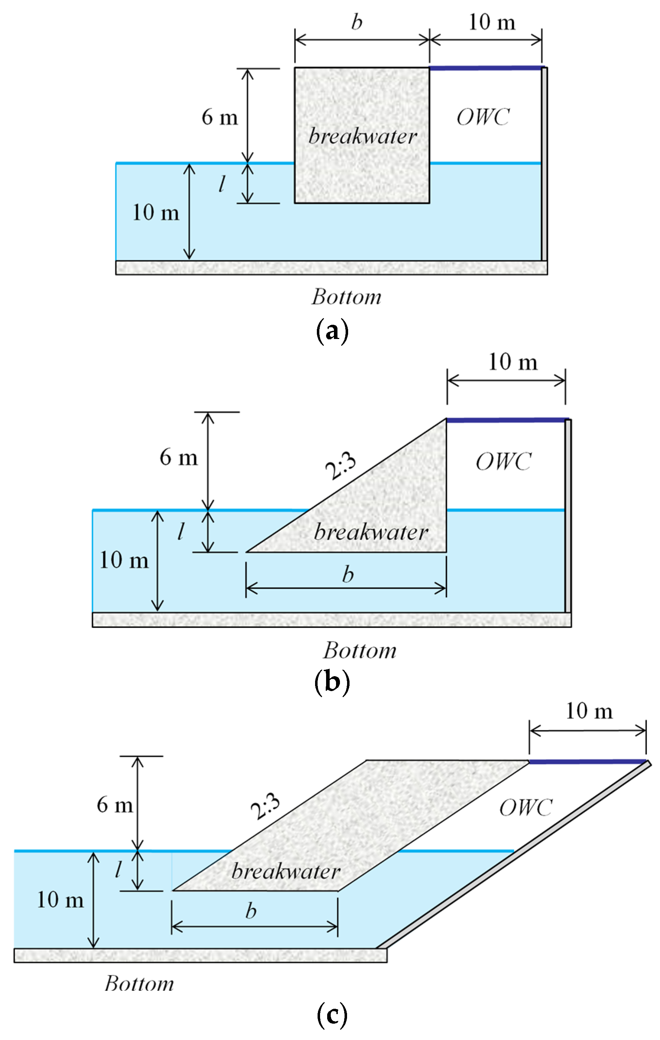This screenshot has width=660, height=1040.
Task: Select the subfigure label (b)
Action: [x=332, y=683]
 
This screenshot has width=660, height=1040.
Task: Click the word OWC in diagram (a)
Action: [x=483, y=117]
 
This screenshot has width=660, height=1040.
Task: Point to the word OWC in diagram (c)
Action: [x=526, y=807]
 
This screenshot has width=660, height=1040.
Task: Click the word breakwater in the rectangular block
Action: [x=362, y=137]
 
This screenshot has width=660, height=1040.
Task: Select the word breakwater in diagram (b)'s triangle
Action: [x=370, y=532]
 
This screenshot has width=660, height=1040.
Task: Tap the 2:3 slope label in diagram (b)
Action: [x=341, y=466]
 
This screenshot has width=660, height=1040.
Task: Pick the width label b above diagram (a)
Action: [x=357, y=22]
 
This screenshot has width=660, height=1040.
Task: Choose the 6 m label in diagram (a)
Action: [x=220, y=117]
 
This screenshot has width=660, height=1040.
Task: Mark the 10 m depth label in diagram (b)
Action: [x=124, y=560]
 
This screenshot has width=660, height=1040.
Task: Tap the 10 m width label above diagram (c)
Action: [x=589, y=711]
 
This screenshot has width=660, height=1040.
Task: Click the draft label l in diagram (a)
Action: [x=222, y=184]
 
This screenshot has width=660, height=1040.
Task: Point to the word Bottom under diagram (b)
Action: [x=359, y=650]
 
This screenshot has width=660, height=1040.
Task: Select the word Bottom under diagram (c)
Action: [x=139, y=984]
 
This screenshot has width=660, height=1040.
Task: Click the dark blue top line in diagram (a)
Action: [x=485, y=68]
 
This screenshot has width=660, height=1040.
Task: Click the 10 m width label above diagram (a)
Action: [x=492, y=22]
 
